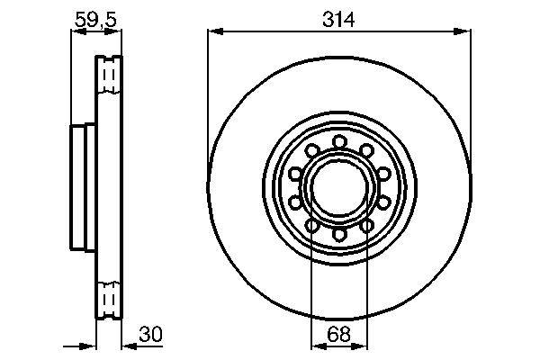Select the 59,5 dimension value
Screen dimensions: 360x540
(x=95, y=19)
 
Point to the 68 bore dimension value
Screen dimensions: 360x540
(x=339, y=335)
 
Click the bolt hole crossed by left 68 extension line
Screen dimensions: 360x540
(x=311, y=225)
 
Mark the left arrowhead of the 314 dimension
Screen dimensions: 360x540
(x=214, y=31)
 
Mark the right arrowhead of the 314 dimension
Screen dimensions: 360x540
(x=465, y=31)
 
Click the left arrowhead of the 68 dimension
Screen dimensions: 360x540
(x=316, y=346)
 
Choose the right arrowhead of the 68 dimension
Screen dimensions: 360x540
(x=364, y=346)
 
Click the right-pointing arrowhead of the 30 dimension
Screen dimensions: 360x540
(x=91, y=346)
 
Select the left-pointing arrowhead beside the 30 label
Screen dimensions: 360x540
(x=127, y=346)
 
